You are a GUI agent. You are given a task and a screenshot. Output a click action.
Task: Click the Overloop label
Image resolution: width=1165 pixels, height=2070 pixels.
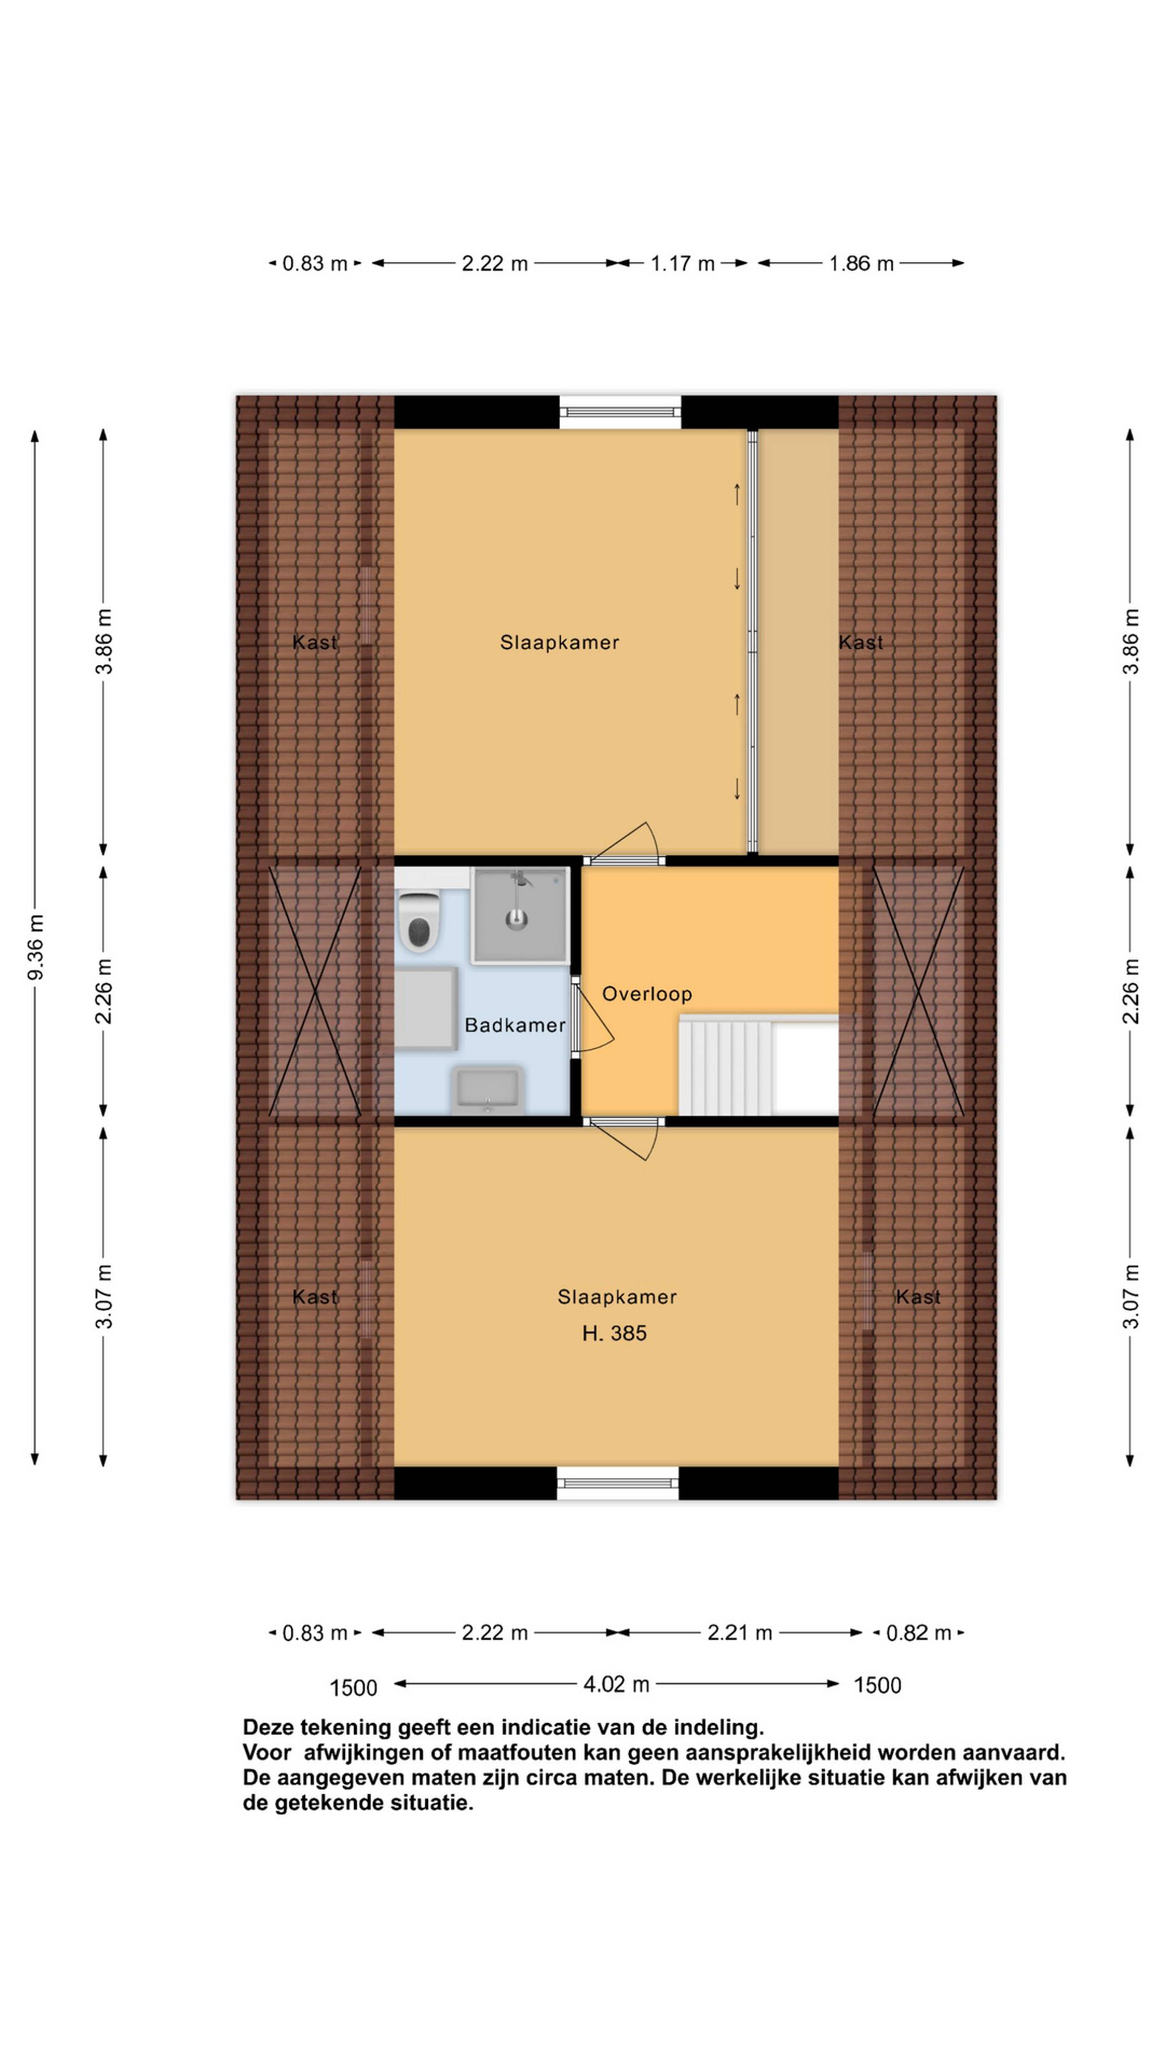point(647,994)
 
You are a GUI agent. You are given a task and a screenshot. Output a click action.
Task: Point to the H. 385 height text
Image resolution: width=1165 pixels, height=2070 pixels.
point(614,1333)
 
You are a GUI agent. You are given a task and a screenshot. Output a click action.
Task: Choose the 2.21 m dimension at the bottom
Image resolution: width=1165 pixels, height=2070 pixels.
point(740,1632)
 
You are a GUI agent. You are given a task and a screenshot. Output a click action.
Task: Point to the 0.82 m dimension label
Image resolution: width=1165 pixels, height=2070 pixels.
point(918,1632)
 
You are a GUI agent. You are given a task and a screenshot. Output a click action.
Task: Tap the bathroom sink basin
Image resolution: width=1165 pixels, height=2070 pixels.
point(487,1090)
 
